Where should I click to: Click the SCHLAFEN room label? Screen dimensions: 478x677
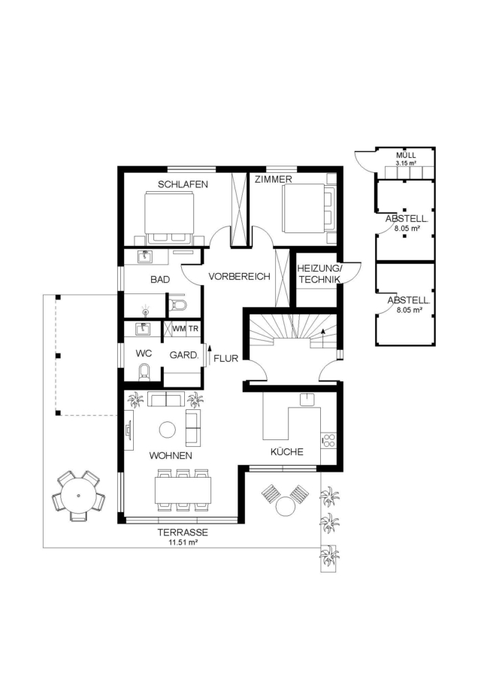(183, 184)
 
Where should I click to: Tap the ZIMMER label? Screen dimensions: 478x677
(273, 179)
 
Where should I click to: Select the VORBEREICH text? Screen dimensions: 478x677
(240, 276)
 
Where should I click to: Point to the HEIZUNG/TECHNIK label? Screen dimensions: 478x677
(319, 274)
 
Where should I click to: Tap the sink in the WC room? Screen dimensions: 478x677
(142, 329)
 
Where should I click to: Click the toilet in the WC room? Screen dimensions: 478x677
(144, 372)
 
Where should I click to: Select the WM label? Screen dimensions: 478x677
(179, 329)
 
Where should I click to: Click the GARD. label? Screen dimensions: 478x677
(184, 355)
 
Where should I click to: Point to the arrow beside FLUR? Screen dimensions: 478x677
(210, 354)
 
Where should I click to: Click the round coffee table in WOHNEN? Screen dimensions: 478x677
(168, 430)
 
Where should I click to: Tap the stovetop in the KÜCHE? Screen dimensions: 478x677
(329, 440)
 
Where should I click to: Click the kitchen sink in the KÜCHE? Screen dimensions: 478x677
(307, 399)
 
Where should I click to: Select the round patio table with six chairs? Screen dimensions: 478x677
(78, 495)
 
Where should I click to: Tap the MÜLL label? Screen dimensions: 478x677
(406, 156)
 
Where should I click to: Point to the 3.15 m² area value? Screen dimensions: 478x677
(406, 163)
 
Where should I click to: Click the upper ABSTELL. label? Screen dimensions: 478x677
(407, 219)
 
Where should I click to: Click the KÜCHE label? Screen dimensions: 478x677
(287, 451)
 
